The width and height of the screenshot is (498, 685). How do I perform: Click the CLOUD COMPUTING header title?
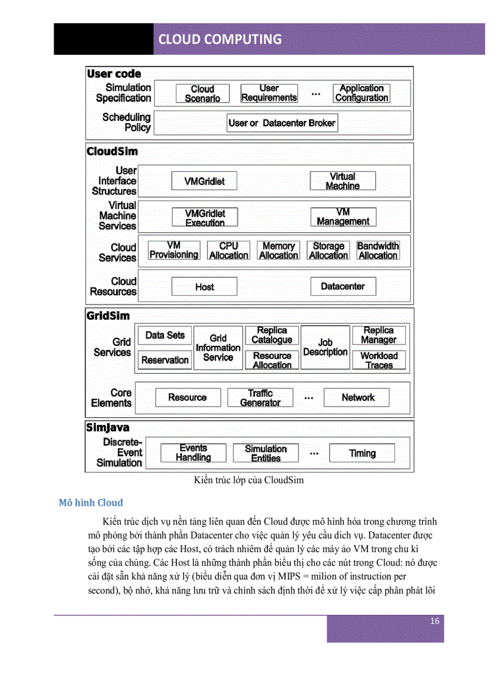coord(220,39)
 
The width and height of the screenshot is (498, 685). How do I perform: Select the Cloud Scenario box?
coord(202,93)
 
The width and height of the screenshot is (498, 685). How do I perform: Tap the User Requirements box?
coord(269,93)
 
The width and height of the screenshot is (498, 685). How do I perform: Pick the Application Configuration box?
coord(361,93)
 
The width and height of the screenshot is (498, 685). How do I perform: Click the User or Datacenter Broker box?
coord(281,123)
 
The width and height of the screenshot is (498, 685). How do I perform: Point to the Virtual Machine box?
coord(342,181)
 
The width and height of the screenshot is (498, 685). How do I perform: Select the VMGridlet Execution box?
coord(204,218)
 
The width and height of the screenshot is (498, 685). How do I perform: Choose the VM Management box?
coord(342,217)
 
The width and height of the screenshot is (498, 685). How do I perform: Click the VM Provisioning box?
coord(173,251)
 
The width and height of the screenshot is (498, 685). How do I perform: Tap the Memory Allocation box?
coord(278,251)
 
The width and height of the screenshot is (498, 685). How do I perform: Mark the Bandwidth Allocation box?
coord(378,251)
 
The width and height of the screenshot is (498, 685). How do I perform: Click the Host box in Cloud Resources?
coord(204,287)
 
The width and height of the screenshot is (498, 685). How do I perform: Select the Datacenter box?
coord(342,287)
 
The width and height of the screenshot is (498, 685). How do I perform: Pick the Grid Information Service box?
coord(218,348)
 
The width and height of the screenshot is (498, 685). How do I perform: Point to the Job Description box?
coord(325,348)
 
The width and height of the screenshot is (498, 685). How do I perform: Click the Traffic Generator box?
coord(260,398)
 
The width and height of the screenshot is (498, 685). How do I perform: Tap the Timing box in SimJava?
coord(362,453)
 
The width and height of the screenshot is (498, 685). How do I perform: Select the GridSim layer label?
coord(108,316)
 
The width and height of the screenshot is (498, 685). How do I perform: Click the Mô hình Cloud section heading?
coord(91,503)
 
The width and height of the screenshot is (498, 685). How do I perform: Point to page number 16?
coord(435,621)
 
